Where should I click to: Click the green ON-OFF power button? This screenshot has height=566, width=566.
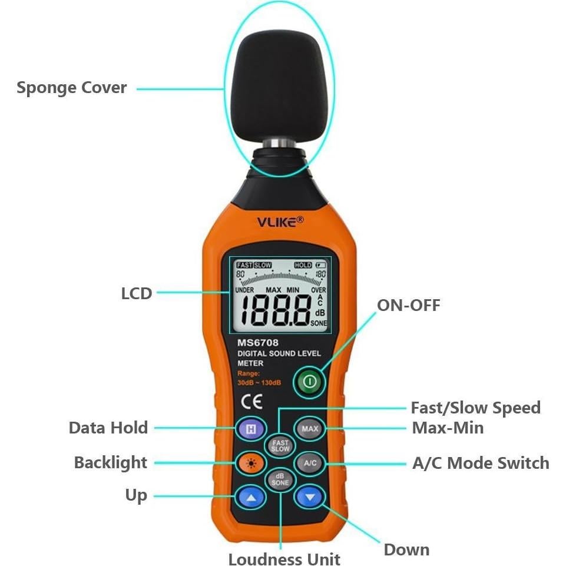[x=310, y=382]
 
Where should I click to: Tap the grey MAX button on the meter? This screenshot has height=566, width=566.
[x=310, y=429]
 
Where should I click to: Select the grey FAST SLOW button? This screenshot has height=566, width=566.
[x=280, y=445]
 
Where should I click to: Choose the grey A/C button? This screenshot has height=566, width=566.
[x=310, y=463]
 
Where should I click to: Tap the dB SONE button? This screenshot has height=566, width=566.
[x=280, y=479]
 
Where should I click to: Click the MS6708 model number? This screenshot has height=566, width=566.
[x=257, y=342]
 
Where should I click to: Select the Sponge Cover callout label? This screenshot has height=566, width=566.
[x=71, y=88]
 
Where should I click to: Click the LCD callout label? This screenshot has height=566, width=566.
[x=137, y=293]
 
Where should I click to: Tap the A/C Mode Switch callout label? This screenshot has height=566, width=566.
[x=481, y=463]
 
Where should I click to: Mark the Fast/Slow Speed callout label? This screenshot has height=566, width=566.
[x=475, y=408]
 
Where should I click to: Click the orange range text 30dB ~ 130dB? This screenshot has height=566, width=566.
[x=259, y=383]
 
